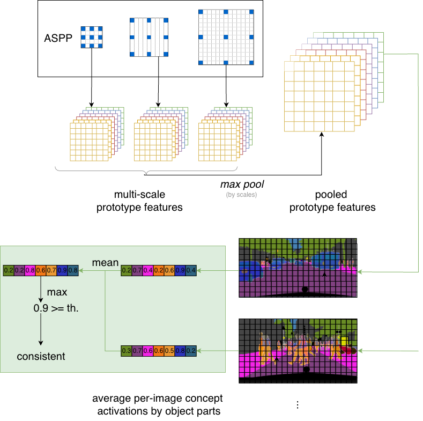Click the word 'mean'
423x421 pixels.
(x=105, y=263)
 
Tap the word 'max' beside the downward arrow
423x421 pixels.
(x=57, y=293)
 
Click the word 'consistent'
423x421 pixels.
(x=41, y=356)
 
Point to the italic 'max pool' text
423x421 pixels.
(x=242, y=184)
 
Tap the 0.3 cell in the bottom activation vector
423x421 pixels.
(x=126, y=351)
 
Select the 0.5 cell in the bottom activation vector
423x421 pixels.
(x=169, y=351)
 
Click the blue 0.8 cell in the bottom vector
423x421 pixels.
(x=180, y=351)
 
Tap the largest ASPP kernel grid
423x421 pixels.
(x=226, y=36)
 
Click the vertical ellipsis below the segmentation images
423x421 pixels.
(x=297, y=404)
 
